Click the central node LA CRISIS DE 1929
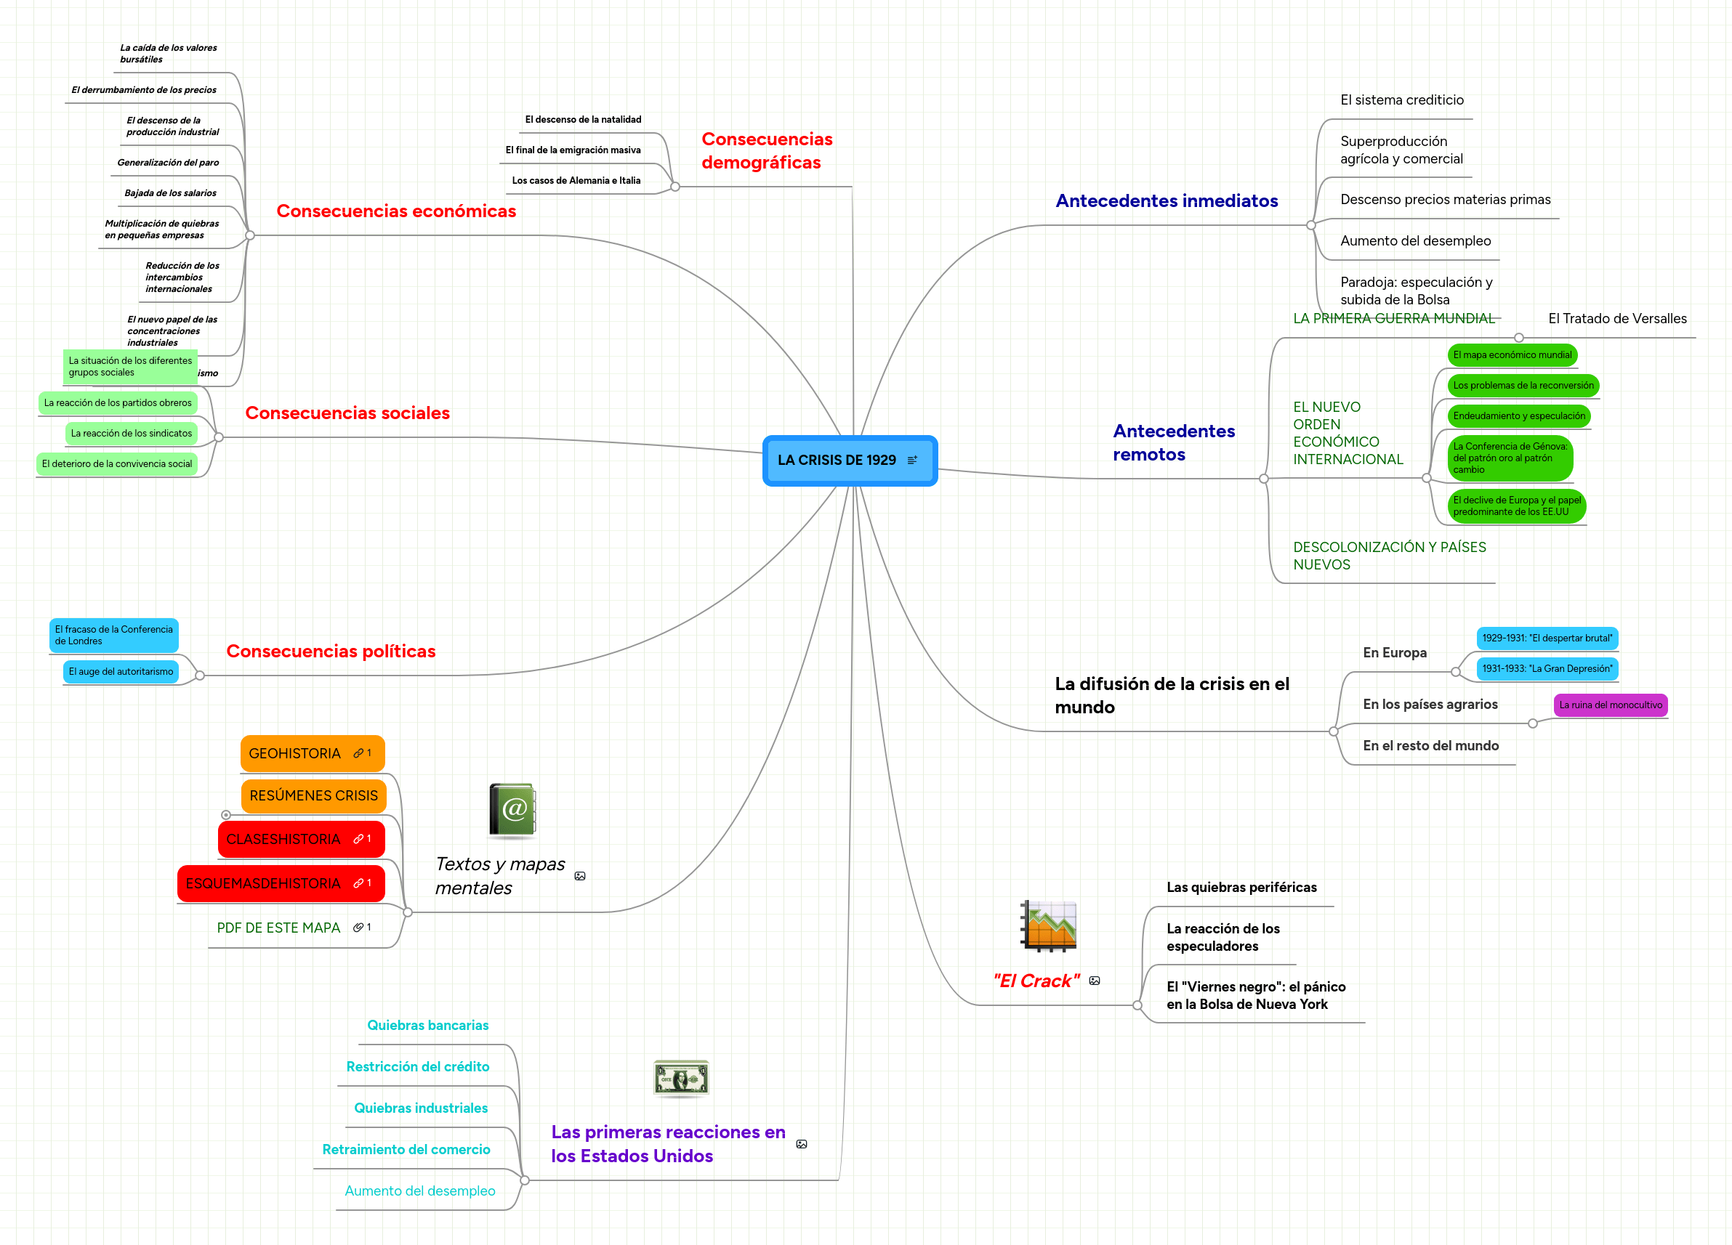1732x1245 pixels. [x=849, y=461]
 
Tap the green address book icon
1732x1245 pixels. [x=512, y=810]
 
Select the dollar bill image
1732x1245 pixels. [x=681, y=1079]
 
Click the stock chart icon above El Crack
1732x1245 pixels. [x=1049, y=925]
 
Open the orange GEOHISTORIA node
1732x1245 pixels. [x=313, y=753]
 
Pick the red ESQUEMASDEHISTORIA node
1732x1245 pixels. [x=281, y=883]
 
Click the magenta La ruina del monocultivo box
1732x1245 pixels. [x=1610, y=705]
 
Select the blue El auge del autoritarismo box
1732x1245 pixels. [x=121, y=672]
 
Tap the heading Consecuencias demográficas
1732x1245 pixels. [x=767, y=150]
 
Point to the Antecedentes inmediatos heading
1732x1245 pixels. [x=1166, y=200]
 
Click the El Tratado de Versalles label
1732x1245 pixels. [x=1616, y=318]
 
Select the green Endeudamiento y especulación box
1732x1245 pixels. [x=1518, y=416]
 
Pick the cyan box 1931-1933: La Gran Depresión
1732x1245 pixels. [x=1547, y=669]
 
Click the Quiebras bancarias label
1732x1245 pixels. [x=427, y=1025]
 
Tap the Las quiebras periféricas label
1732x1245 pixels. [x=1241, y=887]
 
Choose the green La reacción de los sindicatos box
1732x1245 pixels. [x=132, y=434]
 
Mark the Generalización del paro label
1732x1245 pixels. [x=168, y=163]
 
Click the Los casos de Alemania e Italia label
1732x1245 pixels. [x=576, y=181]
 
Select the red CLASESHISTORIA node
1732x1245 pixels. [x=301, y=839]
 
